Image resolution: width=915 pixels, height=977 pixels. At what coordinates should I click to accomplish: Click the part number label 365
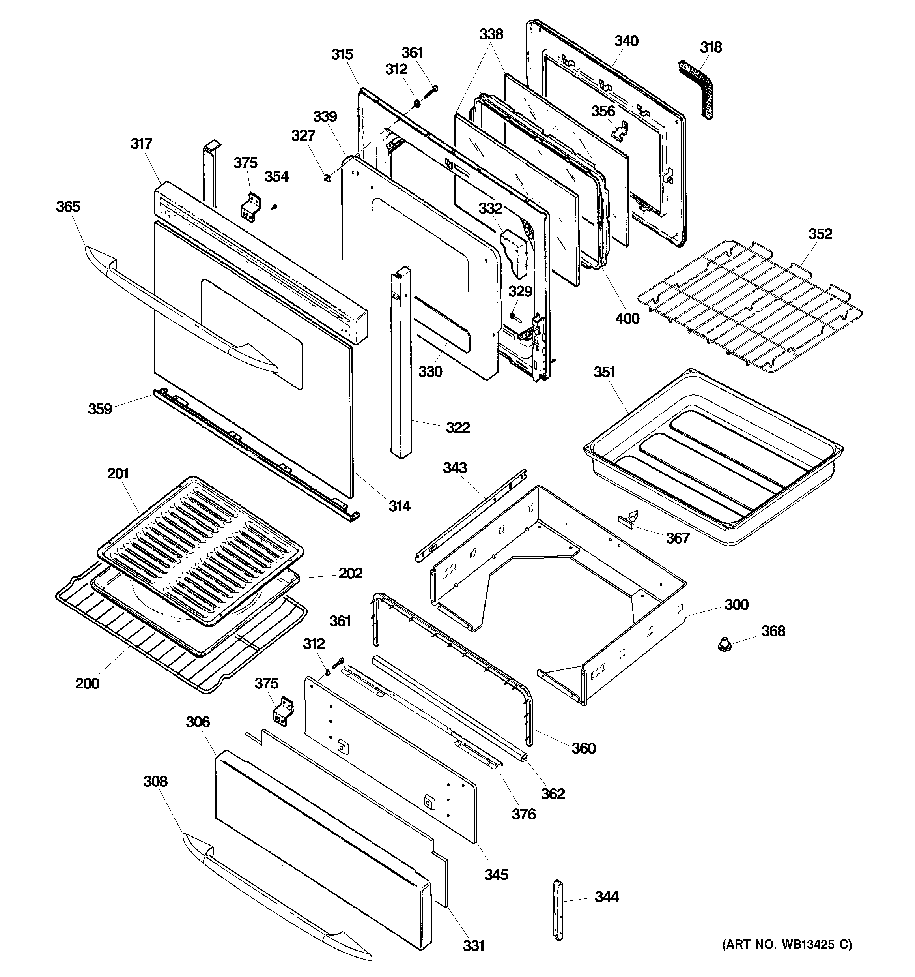[x=68, y=207]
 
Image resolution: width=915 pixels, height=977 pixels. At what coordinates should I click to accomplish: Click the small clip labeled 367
[x=629, y=518]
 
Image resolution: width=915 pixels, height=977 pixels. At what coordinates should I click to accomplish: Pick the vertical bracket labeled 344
[x=558, y=910]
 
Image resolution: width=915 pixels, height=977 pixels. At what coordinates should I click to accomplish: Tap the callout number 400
[x=627, y=319]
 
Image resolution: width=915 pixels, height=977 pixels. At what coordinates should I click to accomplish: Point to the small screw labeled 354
[x=274, y=207]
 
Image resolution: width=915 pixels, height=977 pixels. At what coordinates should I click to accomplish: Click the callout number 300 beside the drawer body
[x=736, y=604]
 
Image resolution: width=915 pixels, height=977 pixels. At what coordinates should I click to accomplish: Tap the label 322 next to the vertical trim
[x=457, y=427]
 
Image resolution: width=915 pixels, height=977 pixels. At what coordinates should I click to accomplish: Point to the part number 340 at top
[x=626, y=41]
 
